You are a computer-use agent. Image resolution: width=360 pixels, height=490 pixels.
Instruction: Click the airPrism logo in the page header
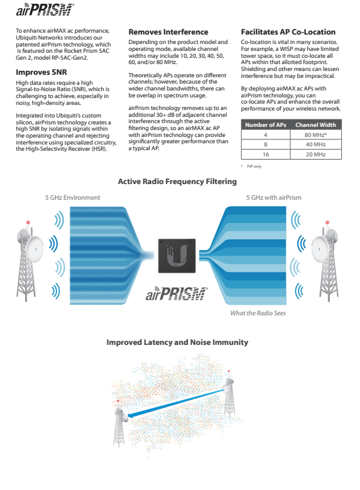click(x=45, y=9)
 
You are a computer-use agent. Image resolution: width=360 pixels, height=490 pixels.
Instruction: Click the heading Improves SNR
click(x=41, y=72)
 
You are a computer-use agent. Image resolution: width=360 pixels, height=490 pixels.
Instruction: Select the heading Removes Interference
click(x=168, y=32)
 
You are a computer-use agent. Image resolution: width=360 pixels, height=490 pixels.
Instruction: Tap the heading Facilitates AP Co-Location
click(x=288, y=32)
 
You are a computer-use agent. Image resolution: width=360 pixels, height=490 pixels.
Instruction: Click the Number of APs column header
click(x=266, y=124)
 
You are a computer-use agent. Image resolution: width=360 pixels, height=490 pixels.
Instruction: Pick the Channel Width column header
click(x=315, y=124)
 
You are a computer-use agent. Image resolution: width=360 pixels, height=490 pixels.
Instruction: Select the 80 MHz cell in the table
click(x=315, y=134)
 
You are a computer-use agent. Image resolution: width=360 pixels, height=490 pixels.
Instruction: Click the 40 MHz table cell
click(x=315, y=144)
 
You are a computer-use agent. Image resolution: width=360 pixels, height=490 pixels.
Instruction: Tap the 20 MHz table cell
click(x=315, y=155)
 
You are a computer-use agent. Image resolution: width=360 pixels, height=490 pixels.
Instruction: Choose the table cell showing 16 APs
click(x=266, y=155)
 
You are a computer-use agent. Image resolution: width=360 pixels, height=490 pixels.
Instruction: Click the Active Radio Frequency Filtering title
click(x=177, y=182)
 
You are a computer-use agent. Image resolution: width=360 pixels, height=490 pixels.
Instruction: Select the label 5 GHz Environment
click(x=72, y=197)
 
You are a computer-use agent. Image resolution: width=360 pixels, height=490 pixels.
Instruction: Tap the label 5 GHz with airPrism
click(x=274, y=197)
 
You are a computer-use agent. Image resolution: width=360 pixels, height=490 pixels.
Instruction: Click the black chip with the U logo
click(x=177, y=256)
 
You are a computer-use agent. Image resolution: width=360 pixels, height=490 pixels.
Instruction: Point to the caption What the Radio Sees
click(x=258, y=313)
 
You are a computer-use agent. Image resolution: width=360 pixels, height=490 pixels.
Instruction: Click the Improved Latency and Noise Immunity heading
click(x=177, y=342)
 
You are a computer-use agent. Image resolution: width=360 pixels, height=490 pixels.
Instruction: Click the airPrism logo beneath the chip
click(x=177, y=294)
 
